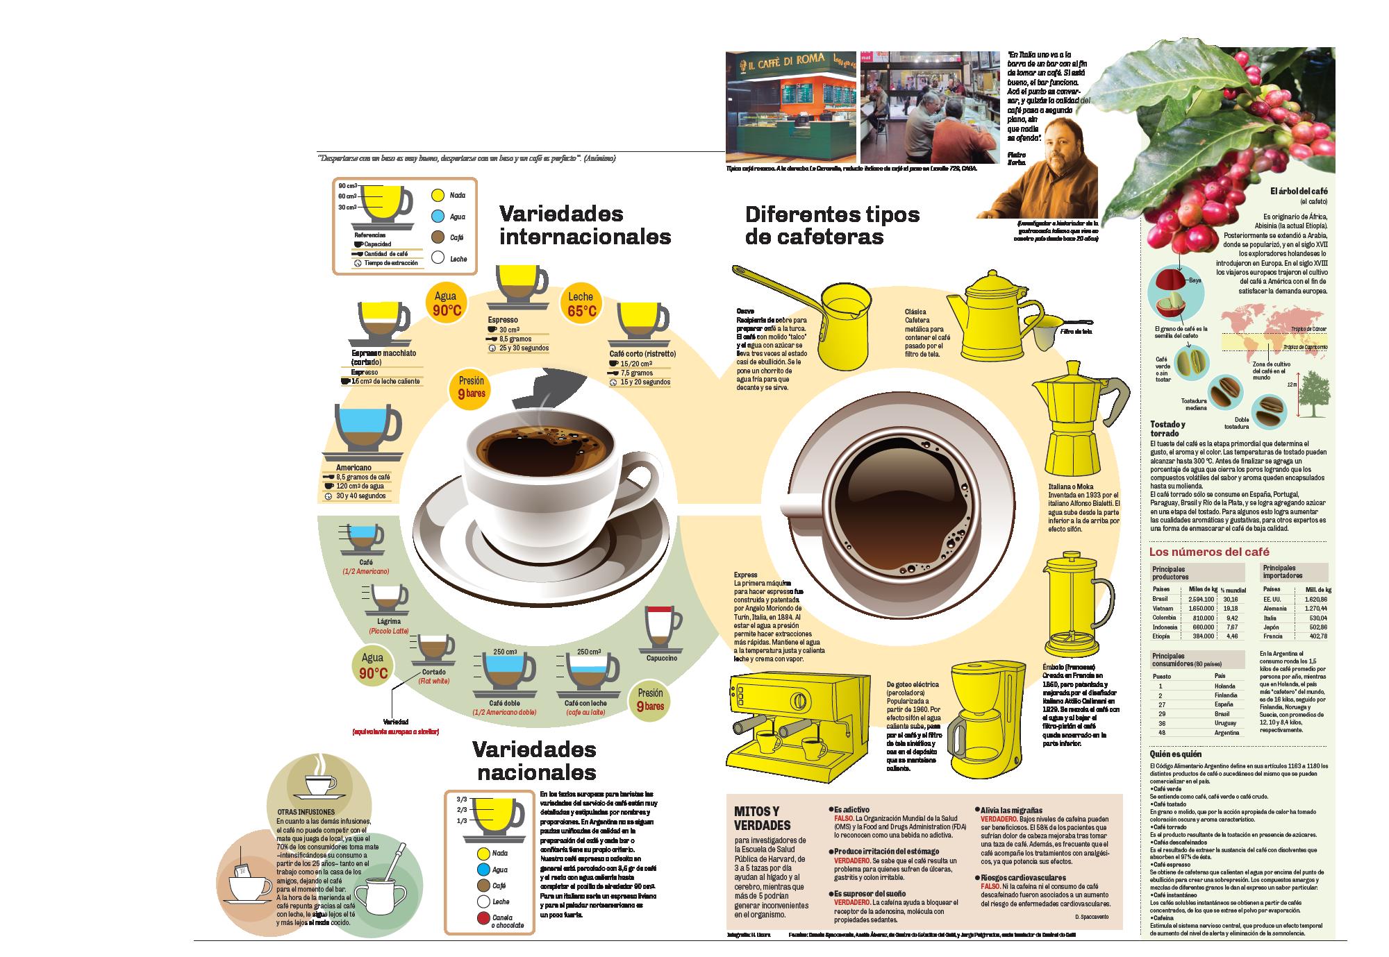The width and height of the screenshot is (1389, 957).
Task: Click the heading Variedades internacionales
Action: click(x=585, y=225)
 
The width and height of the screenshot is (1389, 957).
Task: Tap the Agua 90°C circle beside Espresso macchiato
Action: click(x=445, y=304)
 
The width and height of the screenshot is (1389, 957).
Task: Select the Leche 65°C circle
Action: click(x=581, y=304)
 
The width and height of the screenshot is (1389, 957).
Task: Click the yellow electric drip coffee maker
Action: click(x=985, y=719)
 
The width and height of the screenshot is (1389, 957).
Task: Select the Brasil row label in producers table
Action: click(x=1160, y=599)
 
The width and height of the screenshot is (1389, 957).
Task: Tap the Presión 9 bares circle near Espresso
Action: click(x=471, y=387)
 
